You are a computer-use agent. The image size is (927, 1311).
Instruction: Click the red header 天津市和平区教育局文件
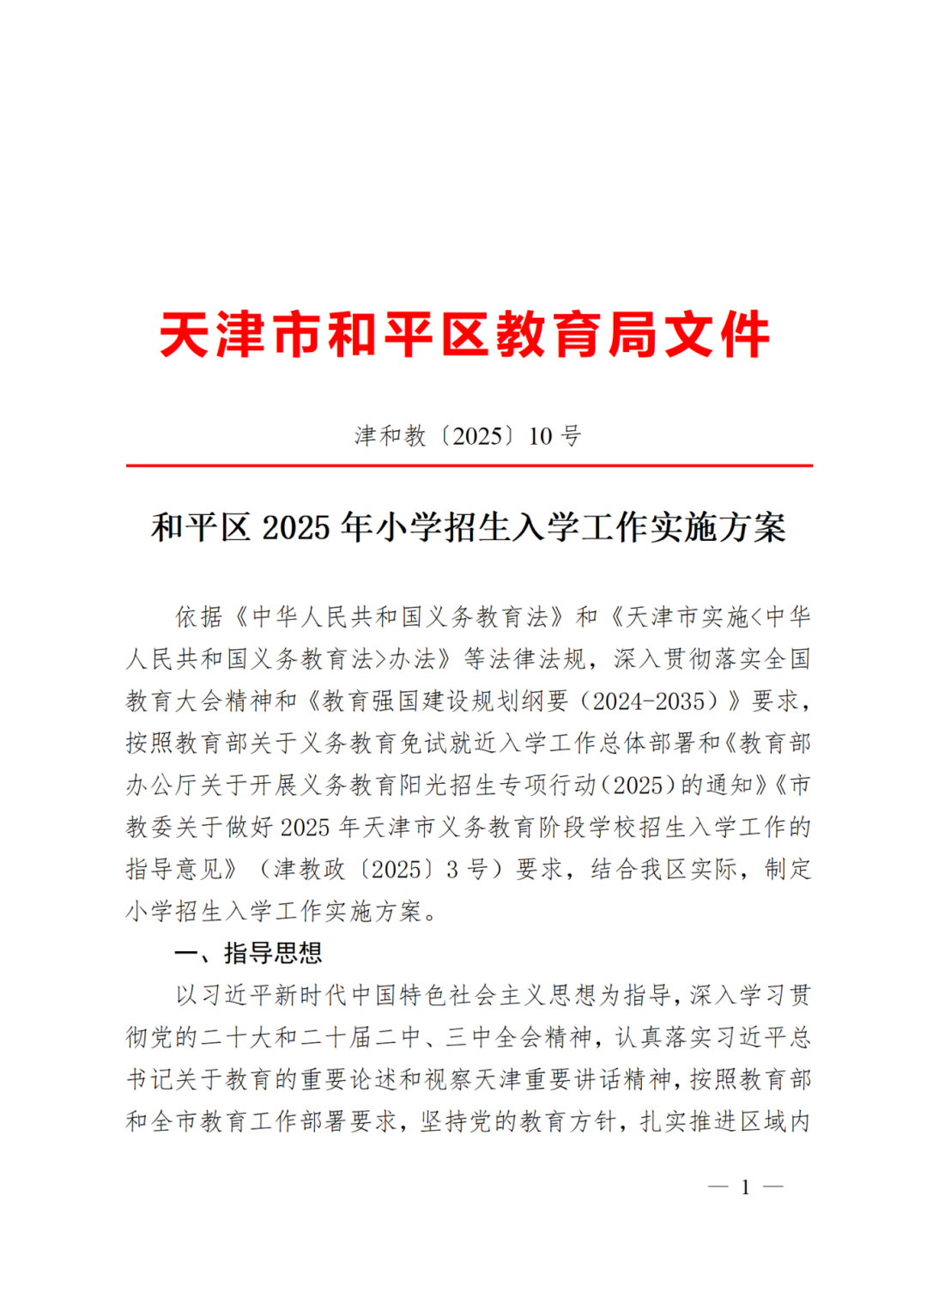[463, 335]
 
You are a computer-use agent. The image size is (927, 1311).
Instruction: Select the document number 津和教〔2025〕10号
[468, 436]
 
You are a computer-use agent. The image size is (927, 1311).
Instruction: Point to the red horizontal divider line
[469, 465]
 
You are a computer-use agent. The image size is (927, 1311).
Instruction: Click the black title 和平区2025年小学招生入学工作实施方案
[469, 527]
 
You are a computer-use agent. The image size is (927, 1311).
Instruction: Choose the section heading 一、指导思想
[248, 953]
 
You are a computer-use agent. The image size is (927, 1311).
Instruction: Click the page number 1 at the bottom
[745, 1187]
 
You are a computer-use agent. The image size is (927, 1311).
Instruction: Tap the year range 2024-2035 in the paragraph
[654, 701]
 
